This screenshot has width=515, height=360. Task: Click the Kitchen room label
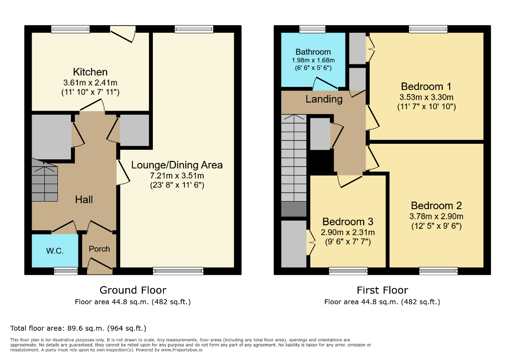pos(91,71)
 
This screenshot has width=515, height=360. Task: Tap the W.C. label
pos(55,251)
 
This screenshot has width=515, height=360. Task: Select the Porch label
pos(99,249)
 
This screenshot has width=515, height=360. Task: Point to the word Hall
pos(84,200)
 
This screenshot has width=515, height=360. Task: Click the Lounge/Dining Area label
pos(177,165)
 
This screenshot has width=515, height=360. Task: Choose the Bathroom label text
pos(313,52)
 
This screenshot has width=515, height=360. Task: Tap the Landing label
pos(324,99)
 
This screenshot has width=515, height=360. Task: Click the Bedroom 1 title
pos(426,86)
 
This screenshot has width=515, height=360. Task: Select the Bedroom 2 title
pos(436,206)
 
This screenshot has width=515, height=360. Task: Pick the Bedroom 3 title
pos(348,222)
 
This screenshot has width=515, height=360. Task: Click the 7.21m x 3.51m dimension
pos(177,176)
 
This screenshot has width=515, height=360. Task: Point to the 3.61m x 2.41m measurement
pos(91,83)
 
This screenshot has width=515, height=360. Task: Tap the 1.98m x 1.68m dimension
pos(313,60)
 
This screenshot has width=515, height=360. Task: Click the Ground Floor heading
pos(133,290)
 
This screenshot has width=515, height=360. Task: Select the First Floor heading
pos(382,290)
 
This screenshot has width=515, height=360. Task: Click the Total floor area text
pos(78,328)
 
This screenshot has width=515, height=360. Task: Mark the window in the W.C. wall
pos(66,271)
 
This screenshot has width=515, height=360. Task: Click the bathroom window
pos(312,29)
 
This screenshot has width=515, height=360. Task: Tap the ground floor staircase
pos(45,180)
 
